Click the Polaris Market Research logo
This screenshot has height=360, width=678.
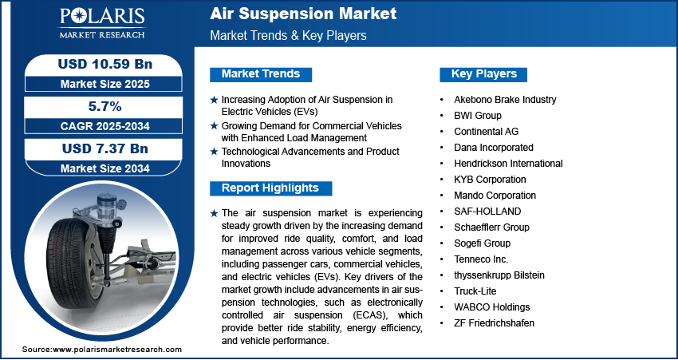click(102, 23)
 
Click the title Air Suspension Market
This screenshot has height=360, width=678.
click(303, 14)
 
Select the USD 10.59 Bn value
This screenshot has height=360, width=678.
click(105, 64)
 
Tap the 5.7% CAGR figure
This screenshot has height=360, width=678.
click(104, 106)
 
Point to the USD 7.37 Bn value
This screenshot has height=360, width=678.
click(105, 148)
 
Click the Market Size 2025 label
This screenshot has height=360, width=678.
click(104, 84)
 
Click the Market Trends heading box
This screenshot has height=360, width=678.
click(261, 74)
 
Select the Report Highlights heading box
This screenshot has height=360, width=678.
click(270, 188)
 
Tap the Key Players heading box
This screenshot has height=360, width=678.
click(483, 74)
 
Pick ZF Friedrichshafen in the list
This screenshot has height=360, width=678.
click(495, 323)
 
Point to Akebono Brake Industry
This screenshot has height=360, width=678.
click(505, 100)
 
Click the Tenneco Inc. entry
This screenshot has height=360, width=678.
click(481, 259)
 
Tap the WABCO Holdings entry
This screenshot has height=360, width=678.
click(491, 307)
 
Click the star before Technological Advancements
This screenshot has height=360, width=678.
click(214, 152)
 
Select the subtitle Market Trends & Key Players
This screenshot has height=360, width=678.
click(289, 35)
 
